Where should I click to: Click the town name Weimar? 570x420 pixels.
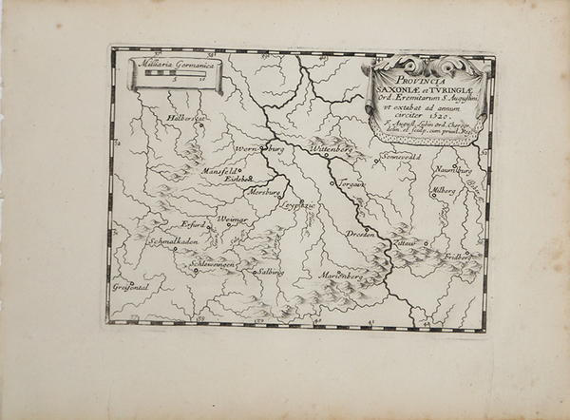[x=233, y=220]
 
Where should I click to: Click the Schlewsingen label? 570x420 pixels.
[x=212, y=263]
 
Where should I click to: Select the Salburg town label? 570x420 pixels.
[x=270, y=272]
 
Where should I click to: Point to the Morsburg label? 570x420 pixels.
[x=265, y=191]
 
